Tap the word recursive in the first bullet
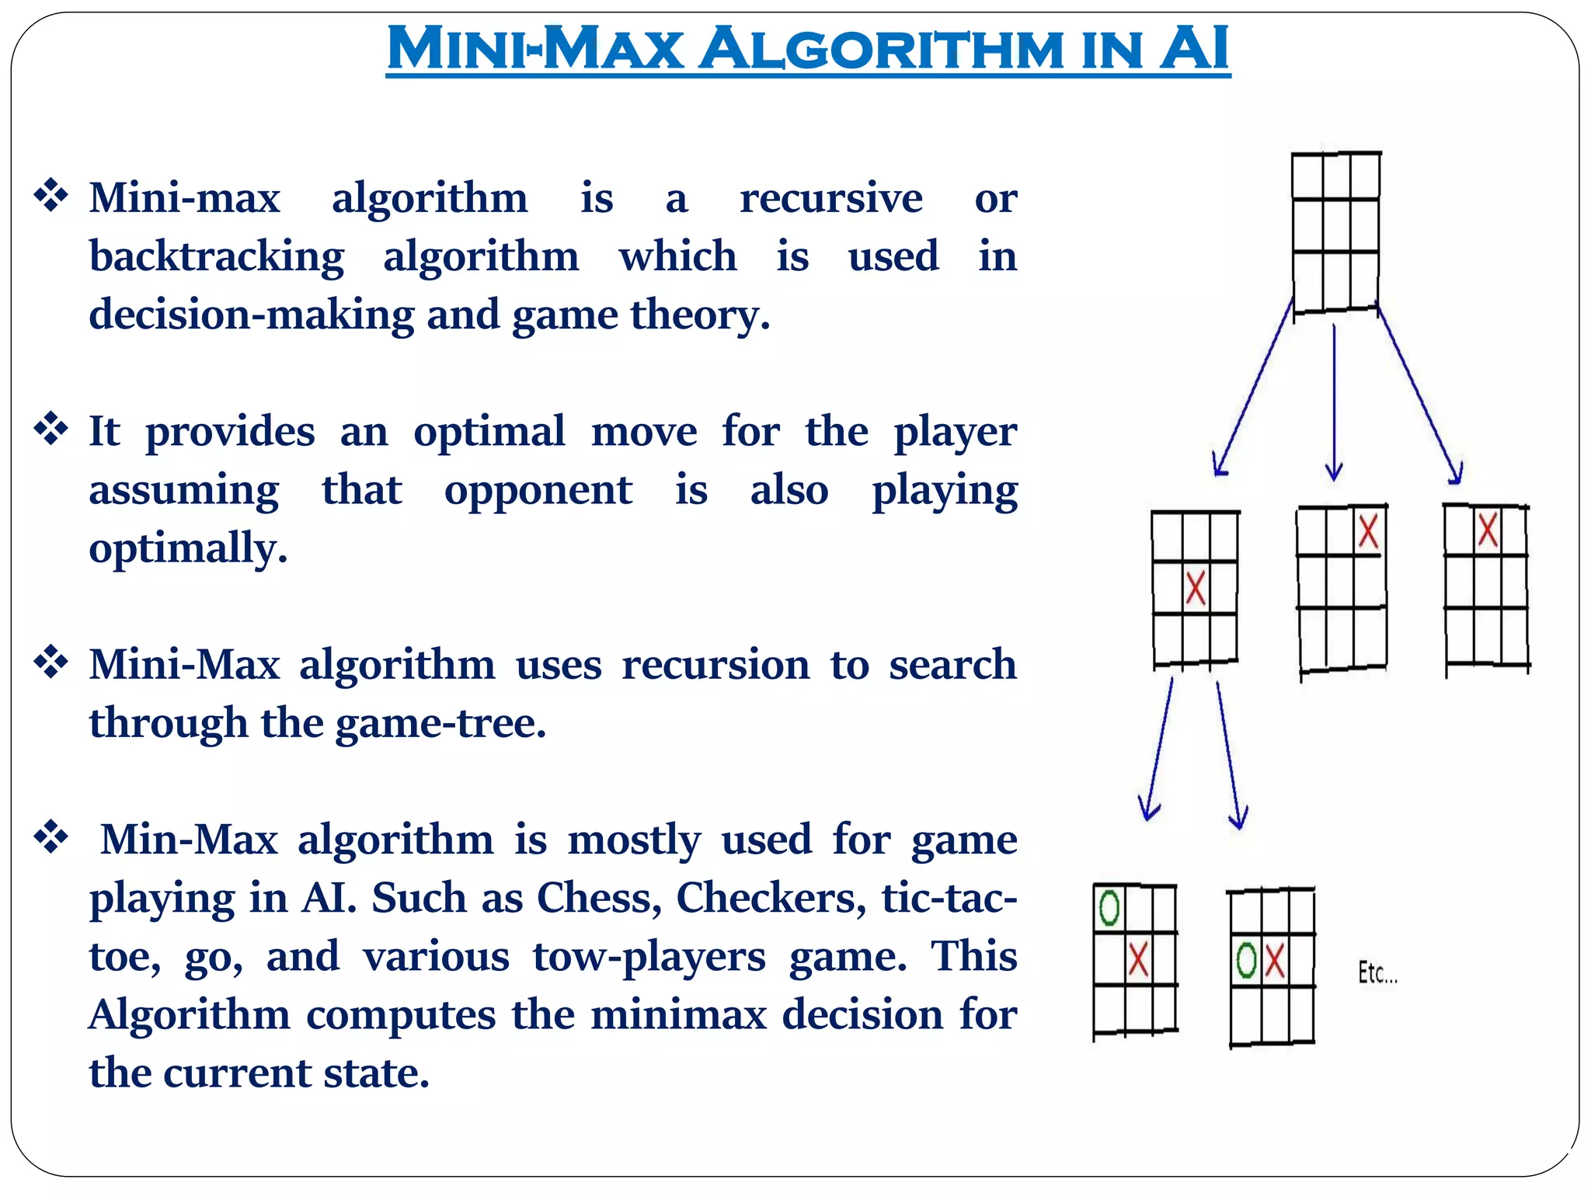click(x=830, y=198)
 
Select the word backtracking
click(x=217, y=257)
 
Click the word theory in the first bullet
click(x=699, y=315)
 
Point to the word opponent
click(x=538, y=490)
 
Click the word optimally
click(x=188, y=549)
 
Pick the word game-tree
click(x=440, y=724)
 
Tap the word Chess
click(x=598, y=898)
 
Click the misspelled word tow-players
click(x=649, y=957)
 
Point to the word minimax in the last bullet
click(x=678, y=1014)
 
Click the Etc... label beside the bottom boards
click(x=1377, y=972)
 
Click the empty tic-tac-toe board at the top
click(x=1335, y=231)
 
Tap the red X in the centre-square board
click(x=1196, y=588)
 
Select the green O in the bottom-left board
click(x=1109, y=907)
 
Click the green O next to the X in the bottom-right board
click(x=1246, y=960)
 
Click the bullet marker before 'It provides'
click(x=51, y=430)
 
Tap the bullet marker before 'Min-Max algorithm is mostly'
click(x=51, y=837)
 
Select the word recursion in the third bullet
click(x=715, y=666)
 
